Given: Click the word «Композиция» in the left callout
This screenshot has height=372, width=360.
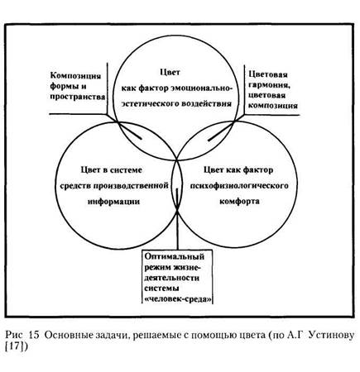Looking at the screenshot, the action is pos(75,76).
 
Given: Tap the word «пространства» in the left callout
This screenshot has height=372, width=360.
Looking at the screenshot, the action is pos(78,97).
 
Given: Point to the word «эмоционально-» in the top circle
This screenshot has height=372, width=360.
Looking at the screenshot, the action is pos(201,88).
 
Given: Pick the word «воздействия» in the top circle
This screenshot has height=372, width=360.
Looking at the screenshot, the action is pos(207,104).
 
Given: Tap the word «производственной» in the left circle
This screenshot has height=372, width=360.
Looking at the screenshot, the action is pos(131,186).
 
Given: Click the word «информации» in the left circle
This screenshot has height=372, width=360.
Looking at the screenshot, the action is pos(114,202).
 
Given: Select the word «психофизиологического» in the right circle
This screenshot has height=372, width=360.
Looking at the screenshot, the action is pos(239,186).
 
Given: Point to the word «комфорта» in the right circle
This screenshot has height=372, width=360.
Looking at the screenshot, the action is pos(239,202).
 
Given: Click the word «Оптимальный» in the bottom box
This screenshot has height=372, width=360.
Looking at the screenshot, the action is pos(175,256).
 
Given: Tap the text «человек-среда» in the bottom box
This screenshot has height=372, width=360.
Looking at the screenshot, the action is pos(178,299).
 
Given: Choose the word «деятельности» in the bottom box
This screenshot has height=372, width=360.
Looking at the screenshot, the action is pos(172,278).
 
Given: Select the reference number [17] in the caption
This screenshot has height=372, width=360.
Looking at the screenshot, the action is pos(17,346).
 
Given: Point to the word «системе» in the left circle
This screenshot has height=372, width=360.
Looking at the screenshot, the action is pos(127,170).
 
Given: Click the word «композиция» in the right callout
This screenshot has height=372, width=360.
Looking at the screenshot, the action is pos(273,106).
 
